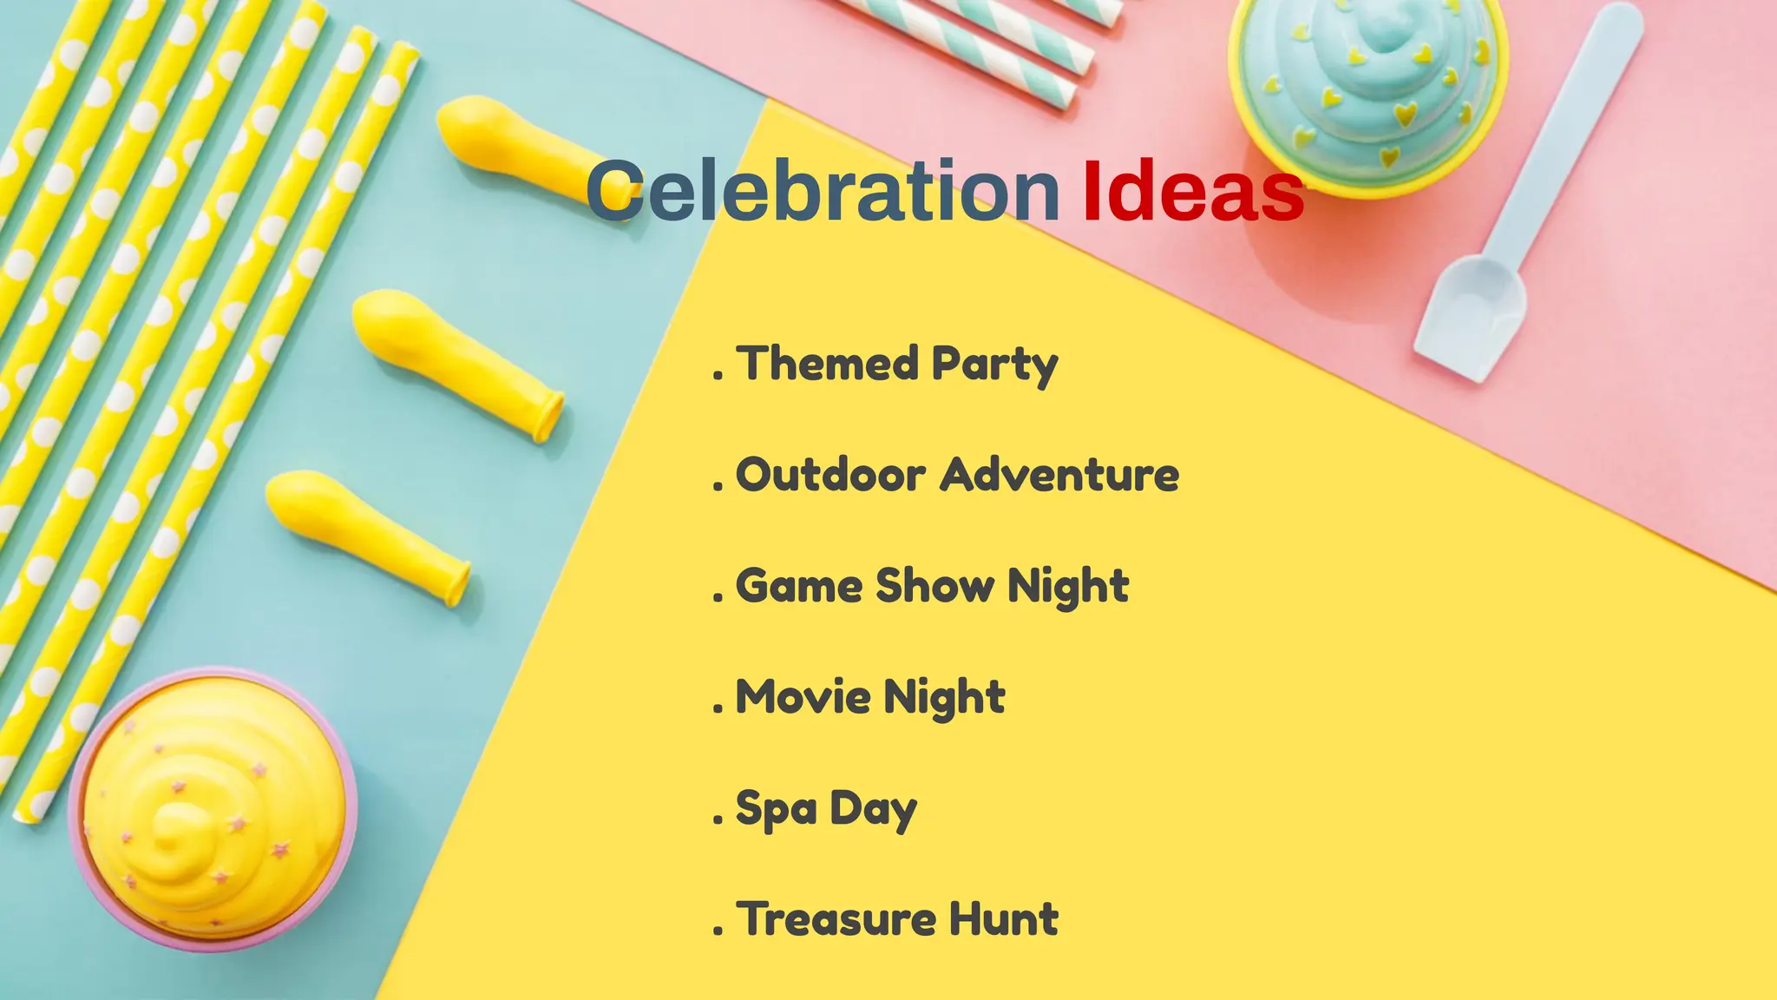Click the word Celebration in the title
tap(821, 191)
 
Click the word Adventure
tap(1060, 475)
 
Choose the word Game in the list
tap(798, 586)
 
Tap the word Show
tap(935, 585)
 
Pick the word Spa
tap(776, 810)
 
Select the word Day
tap(873, 810)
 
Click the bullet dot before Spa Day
tap(718, 820)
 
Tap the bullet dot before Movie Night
tap(718, 709)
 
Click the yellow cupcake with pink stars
tap(213, 807)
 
